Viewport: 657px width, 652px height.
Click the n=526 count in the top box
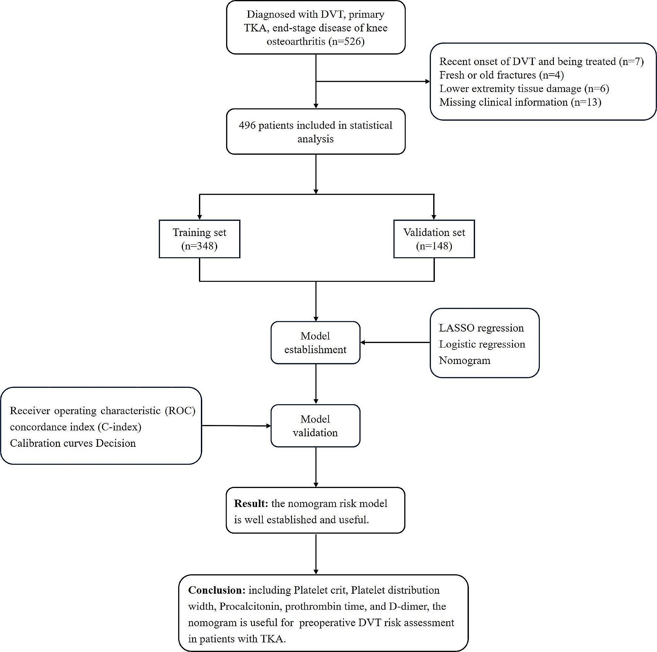coord(346,42)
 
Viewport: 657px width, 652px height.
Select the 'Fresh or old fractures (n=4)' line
coord(501,75)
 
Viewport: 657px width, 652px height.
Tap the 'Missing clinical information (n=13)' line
coord(520,102)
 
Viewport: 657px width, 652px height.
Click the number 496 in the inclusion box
coord(247,125)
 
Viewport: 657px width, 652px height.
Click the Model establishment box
coord(315,342)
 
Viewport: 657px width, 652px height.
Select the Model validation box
coord(315,426)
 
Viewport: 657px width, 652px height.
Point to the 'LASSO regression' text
coord(481,328)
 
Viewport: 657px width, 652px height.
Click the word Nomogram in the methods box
coord(465,360)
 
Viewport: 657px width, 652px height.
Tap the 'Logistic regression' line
coord(482,344)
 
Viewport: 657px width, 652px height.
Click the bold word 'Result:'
coord(251,503)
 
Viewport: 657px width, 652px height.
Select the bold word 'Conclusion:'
coord(217,590)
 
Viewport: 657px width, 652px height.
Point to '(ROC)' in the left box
coord(180,410)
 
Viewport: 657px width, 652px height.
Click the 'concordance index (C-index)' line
coord(76,427)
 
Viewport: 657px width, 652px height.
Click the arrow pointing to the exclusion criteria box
coord(374,81)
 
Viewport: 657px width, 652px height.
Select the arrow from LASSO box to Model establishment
coord(395,342)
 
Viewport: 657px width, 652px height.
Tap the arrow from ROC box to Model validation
coord(236,426)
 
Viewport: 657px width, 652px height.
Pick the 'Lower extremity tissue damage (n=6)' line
coord(524,88)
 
